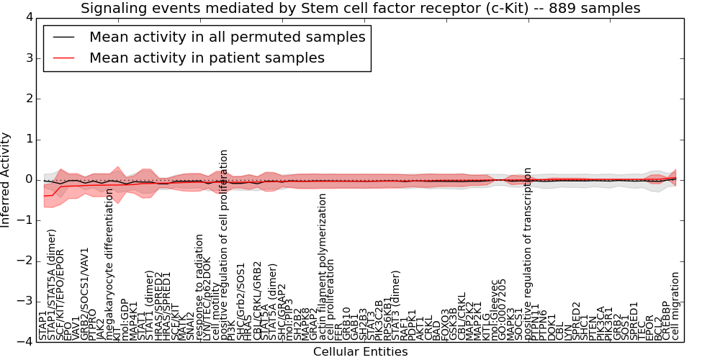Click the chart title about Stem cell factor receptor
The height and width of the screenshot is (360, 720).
[x=360, y=9]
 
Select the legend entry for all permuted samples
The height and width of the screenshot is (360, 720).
[x=227, y=37]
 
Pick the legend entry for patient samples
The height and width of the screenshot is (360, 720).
[x=207, y=58]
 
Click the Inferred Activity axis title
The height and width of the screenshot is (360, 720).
[x=6, y=179]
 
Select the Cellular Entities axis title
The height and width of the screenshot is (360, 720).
[x=360, y=351]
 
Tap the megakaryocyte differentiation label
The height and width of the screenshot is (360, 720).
[x=110, y=264]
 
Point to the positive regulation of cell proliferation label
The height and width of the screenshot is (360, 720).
[x=224, y=245]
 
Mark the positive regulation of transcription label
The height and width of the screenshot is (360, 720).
[x=528, y=253]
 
